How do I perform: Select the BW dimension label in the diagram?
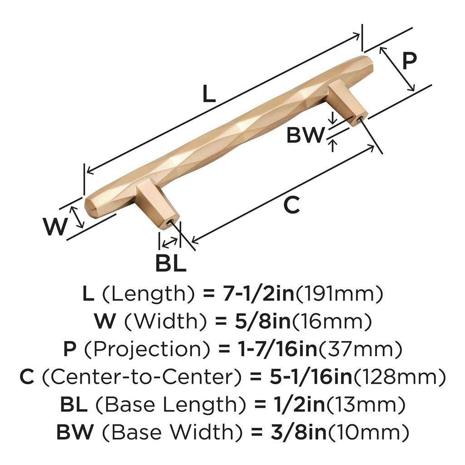coord(305,135)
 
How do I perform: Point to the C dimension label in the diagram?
coord(291,205)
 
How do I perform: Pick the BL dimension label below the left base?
coord(171,263)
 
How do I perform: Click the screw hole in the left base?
coord(170,223)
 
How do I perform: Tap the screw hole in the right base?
coord(359,119)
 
